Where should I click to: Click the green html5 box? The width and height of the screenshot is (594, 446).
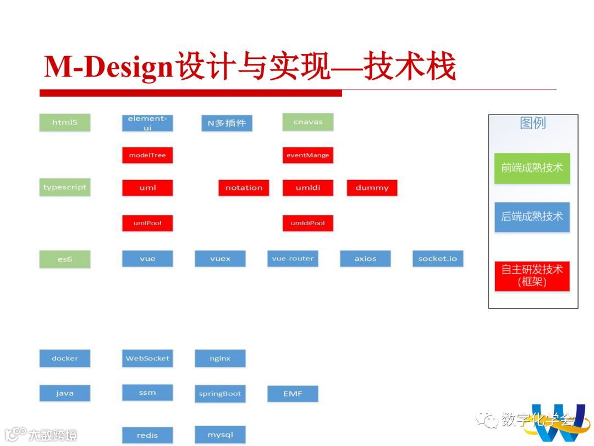coord(65,122)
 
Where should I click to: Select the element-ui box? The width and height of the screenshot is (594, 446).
coord(147,123)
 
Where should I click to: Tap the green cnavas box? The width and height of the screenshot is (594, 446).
coord(308,122)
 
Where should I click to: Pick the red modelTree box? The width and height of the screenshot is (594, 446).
coord(147,155)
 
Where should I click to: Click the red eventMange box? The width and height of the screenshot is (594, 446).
coord(308,155)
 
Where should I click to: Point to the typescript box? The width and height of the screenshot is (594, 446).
coord(65,187)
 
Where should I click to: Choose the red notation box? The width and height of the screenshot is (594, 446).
coord(244,188)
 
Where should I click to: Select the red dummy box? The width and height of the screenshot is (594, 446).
coord(372,188)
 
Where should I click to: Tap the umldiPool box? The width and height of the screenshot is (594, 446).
coord(308,223)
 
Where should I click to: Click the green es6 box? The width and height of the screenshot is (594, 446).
coord(65,259)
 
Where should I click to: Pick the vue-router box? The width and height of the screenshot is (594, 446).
coord(293,258)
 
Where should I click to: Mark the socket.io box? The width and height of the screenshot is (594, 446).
coord(438,258)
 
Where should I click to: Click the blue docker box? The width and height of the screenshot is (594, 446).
coord(65,358)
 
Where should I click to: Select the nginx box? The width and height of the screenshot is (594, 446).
coord(220,358)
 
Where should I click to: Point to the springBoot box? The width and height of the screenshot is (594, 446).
coord(220,394)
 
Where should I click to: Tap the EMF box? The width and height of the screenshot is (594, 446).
coord(293,394)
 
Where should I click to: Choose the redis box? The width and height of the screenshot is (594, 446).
coord(147,436)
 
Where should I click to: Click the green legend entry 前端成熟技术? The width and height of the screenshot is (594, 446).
coord(532,168)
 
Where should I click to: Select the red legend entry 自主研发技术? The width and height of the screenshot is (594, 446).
coord(532,276)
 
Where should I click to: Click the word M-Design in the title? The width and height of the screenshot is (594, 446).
coord(108,67)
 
